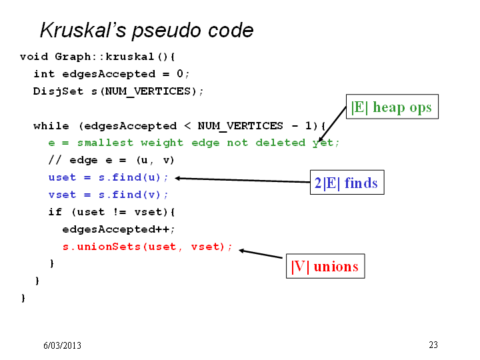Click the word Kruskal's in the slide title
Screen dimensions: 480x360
pos(83,30)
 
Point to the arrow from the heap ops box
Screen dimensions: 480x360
pos(332,124)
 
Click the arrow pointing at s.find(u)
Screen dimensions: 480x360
pos(243,180)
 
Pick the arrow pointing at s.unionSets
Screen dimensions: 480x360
pos(261,254)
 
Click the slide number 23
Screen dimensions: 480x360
pos(433,345)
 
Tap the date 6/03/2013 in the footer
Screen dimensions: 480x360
pos(62,345)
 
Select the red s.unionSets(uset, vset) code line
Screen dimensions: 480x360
pos(147,247)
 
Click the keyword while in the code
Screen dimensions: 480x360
pos(51,126)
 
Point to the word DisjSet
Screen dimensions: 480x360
pos(58,91)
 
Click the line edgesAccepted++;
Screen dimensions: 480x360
pos(119,229)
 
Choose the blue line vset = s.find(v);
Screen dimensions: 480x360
pos(108,195)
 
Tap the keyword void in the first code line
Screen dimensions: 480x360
pos(34,57)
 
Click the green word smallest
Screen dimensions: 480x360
pos(105,143)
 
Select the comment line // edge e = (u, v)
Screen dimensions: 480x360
pos(111,160)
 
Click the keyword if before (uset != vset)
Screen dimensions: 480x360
pos(55,212)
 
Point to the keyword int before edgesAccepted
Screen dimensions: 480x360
pos(44,74)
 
